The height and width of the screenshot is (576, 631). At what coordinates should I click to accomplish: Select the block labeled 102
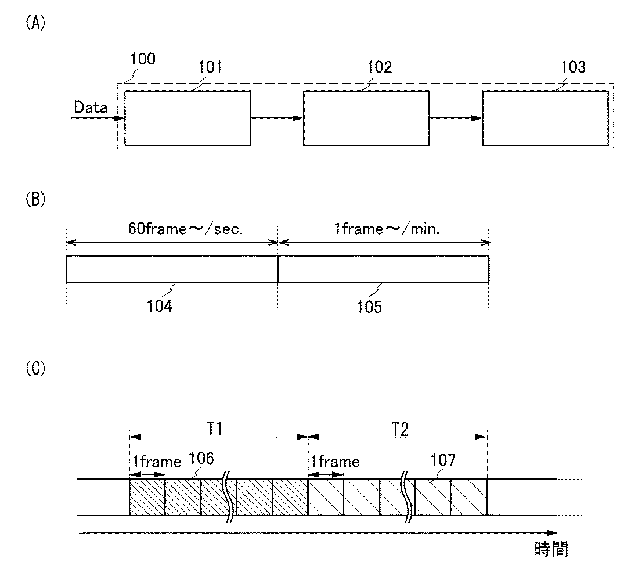coord(366,117)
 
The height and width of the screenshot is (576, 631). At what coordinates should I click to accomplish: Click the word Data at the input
coord(91,107)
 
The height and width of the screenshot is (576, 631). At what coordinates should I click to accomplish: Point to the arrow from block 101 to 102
coord(277,118)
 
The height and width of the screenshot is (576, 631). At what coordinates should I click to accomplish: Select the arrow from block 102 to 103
coord(456,118)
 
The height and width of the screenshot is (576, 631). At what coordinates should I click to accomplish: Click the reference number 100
coord(143,59)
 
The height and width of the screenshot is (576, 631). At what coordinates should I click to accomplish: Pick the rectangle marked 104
coord(172,269)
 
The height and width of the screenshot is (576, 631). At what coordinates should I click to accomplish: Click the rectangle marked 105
coord(383,269)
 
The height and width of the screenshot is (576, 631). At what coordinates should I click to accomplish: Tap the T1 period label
coord(218,429)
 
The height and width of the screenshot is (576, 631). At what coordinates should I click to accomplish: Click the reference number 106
coord(201,459)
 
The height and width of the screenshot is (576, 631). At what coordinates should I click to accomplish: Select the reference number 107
coord(442,462)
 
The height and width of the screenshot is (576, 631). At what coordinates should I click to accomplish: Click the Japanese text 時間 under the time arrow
coord(550,549)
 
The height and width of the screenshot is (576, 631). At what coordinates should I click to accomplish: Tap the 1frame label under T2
coord(335,462)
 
